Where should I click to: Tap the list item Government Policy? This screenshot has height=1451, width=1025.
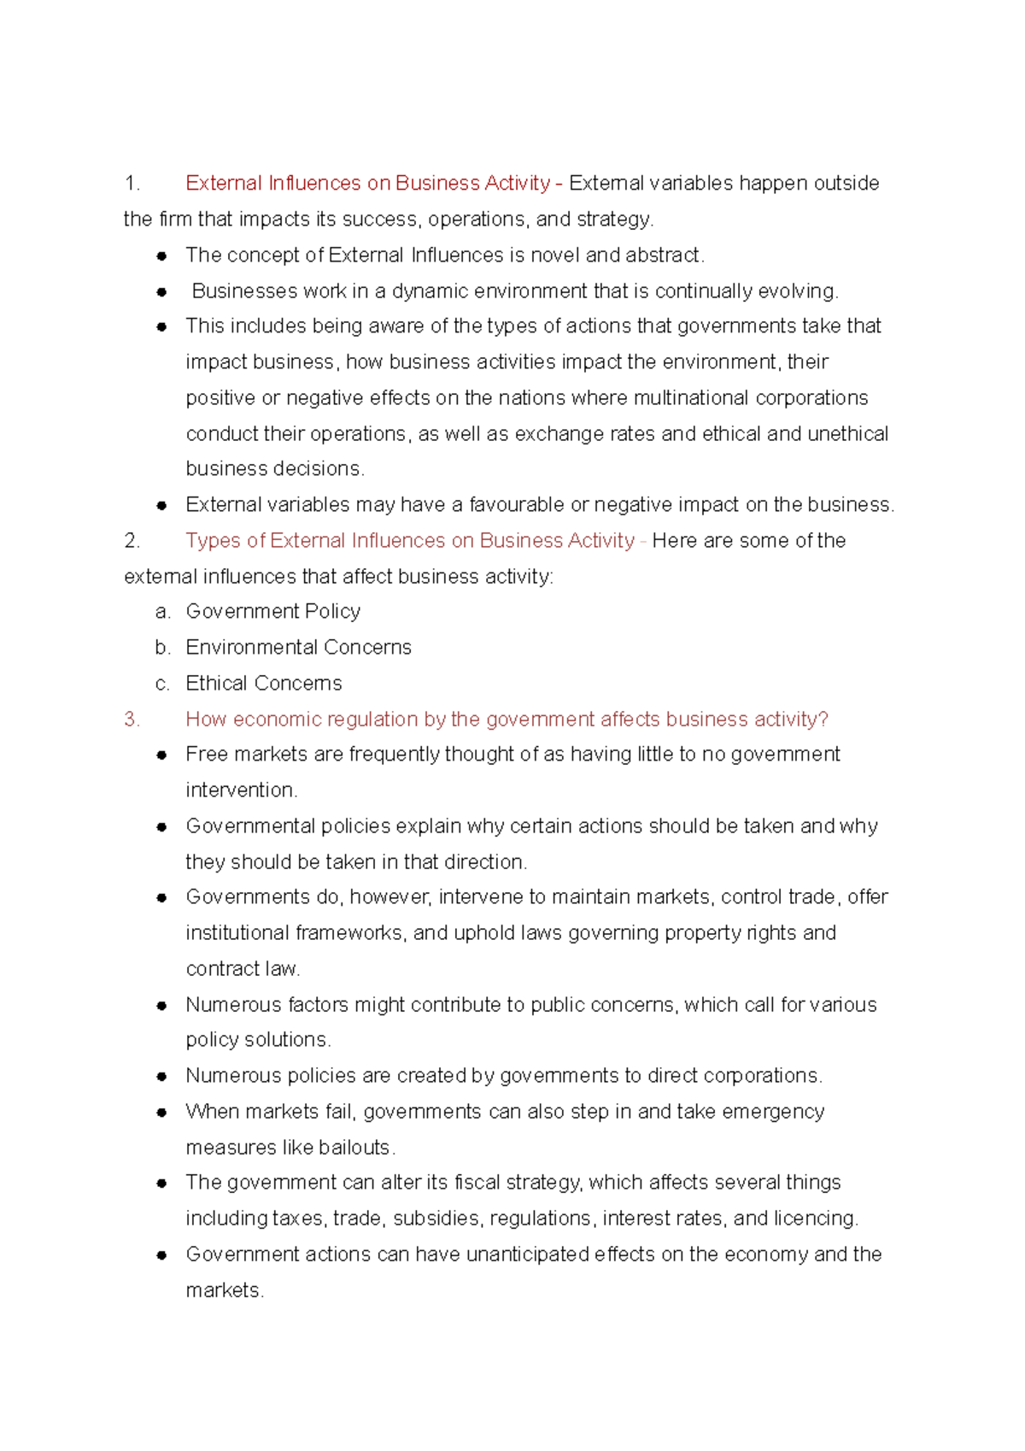click(x=272, y=612)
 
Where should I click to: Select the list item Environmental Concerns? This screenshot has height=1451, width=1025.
click(x=298, y=648)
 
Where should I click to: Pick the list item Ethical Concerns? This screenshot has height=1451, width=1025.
click(x=263, y=684)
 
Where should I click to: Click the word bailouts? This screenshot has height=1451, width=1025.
click(x=354, y=1148)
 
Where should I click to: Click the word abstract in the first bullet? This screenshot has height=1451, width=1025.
click(x=663, y=256)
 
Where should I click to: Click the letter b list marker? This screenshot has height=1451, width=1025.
click(x=162, y=648)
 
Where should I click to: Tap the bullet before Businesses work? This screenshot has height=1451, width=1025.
click(x=161, y=291)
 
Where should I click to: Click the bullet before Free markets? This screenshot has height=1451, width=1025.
click(x=161, y=755)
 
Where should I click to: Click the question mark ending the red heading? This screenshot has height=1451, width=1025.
click(x=823, y=720)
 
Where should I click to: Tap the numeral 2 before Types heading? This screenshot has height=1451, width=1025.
click(x=131, y=541)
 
